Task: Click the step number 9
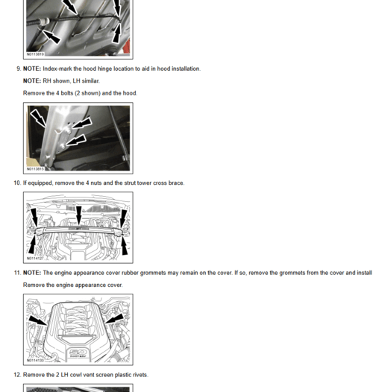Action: [x=17, y=69]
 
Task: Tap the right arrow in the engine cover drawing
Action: [x=113, y=320]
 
